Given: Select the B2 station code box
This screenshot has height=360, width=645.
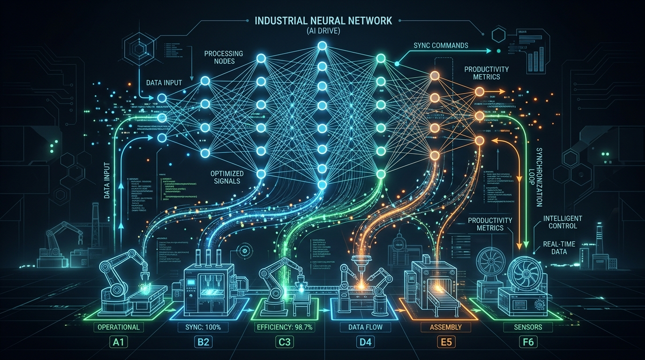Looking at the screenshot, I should [202, 342].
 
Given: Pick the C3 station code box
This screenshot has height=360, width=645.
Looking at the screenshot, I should [285, 342].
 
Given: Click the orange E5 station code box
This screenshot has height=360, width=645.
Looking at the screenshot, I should [446, 342].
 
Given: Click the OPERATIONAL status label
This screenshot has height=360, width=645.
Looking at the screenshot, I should [119, 327].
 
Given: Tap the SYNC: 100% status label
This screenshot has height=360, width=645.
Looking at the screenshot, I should [202, 327].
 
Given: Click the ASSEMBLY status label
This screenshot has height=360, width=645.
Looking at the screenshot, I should [445, 327].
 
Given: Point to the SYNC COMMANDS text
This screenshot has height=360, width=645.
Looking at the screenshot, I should [441, 46].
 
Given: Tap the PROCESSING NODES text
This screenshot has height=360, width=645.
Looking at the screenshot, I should [224, 58].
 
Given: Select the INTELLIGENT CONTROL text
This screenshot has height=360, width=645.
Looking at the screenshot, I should [562, 222].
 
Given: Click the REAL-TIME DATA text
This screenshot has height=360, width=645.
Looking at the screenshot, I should [559, 248].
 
